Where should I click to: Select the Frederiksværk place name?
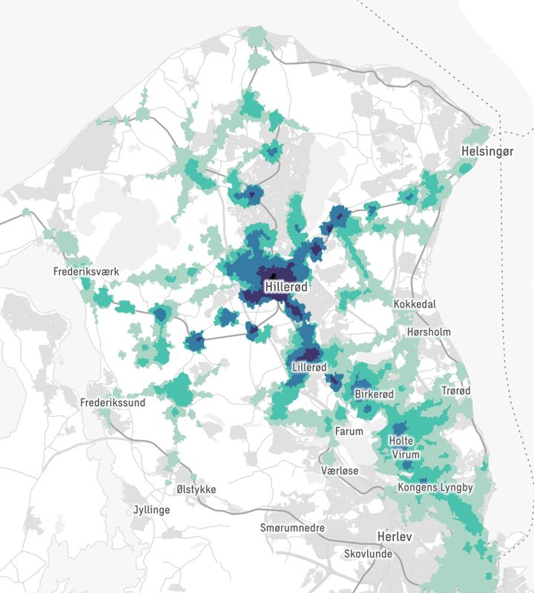[86, 272]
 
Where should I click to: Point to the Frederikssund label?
[113, 402]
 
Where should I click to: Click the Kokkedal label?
[415, 305]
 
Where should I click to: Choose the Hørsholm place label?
[429, 332]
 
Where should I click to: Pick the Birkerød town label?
[374, 394]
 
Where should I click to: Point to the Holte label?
[401, 441]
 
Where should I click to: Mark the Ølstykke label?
[196, 490]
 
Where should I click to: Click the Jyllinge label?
[151, 510]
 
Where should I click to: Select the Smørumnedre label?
[293, 528]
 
